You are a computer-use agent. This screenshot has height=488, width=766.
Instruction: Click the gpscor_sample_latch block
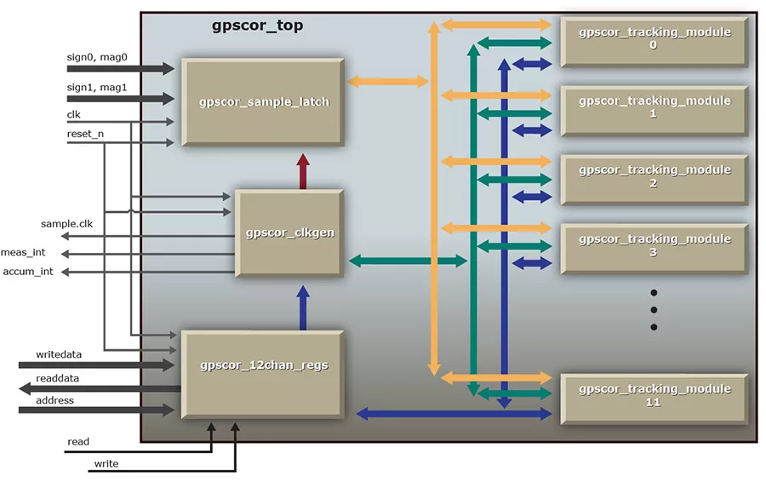click(x=263, y=101)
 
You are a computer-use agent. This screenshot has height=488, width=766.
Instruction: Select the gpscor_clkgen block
click(x=289, y=233)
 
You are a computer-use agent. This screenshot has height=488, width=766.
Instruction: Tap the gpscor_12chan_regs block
click(x=263, y=374)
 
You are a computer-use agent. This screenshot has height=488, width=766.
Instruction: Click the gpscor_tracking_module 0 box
click(x=655, y=42)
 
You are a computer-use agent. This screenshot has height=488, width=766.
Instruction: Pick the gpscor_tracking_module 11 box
click(x=655, y=399)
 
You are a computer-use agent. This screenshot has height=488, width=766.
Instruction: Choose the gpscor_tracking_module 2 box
click(x=655, y=180)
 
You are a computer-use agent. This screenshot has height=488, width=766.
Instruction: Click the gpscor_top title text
click(x=257, y=26)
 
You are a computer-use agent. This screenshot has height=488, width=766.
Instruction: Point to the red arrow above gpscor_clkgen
click(x=303, y=171)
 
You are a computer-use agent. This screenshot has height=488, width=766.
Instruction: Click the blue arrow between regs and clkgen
click(x=303, y=308)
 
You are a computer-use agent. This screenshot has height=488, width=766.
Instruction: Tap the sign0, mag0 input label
click(x=97, y=57)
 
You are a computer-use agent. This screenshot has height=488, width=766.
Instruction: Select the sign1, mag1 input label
click(x=97, y=88)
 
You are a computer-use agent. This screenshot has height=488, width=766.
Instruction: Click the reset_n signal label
click(x=85, y=134)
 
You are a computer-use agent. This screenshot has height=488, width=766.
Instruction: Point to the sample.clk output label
click(x=66, y=224)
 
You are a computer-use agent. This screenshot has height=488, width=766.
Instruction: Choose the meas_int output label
click(x=23, y=252)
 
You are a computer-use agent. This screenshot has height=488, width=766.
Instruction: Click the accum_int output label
click(x=28, y=272)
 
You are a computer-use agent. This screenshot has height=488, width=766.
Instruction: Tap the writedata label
click(x=59, y=354)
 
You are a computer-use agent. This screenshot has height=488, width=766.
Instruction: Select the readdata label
click(x=57, y=378)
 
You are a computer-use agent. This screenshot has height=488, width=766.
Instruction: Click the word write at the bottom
click(x=106, y=463)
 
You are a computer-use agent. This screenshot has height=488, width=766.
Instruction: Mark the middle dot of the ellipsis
click(x=654, y=310)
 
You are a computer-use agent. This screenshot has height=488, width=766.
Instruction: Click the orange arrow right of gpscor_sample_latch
click(x=387, y=81)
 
